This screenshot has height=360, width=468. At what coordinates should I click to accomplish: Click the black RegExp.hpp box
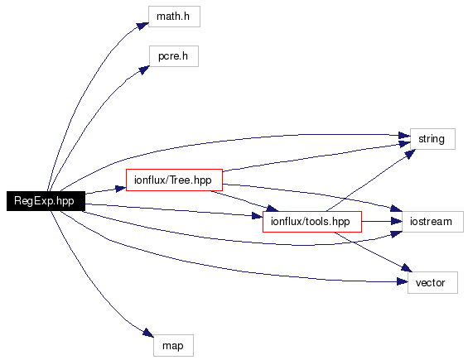[46, 201]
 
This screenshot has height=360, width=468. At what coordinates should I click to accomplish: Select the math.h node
[174, 17]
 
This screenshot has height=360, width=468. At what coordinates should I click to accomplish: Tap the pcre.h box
[174, 56]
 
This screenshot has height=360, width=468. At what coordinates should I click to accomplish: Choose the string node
[432, 139]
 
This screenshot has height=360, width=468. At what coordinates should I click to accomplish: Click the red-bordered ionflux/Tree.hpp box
[174, 180]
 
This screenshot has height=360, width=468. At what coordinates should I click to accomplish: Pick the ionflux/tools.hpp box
[312, 222]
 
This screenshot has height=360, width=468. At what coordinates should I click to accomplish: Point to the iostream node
[432, 222]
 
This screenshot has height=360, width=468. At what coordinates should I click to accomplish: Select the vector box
[432, 282]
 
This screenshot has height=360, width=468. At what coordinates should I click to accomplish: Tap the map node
[173, 345]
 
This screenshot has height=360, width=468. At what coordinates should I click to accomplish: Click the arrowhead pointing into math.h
[143, 26]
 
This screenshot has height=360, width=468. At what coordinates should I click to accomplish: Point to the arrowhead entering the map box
[148, 333]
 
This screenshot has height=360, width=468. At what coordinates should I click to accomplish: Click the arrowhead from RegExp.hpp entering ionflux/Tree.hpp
[121, 189]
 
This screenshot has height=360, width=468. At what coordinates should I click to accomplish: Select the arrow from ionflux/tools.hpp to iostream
[382, 222]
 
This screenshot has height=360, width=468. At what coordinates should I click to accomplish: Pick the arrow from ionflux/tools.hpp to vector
[374, 252]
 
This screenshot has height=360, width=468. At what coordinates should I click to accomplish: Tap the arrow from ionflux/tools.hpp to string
[370, 180]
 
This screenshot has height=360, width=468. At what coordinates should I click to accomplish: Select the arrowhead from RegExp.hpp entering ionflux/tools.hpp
[258, 216]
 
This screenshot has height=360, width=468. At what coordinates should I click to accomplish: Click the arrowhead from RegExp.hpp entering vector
[403, 281]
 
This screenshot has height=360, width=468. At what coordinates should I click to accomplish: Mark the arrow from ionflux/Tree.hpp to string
[316, 157]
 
